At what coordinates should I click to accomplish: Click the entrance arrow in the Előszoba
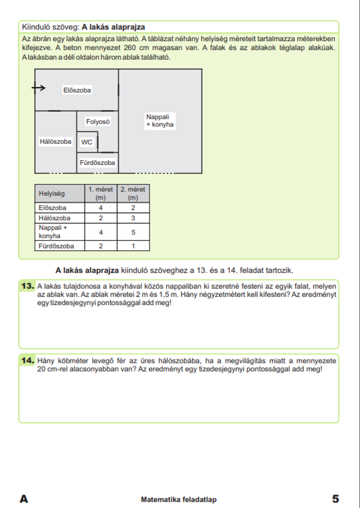tap(39, 88)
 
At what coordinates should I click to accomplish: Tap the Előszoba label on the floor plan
tap(77, 90)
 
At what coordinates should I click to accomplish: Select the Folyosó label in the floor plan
tap(98, 122)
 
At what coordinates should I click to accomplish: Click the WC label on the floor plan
tap(87, 142)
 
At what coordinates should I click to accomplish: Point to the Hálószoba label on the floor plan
tap(55, 142)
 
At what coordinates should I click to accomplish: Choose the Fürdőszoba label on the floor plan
tap(97, 163)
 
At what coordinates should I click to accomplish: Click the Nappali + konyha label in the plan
tap(159, 121)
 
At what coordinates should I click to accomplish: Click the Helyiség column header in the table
tap(52, 193)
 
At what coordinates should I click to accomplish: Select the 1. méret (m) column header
tap(101, 193)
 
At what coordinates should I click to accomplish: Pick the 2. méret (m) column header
tap(133, 193)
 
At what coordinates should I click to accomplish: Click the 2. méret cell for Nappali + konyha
tap(133, 232)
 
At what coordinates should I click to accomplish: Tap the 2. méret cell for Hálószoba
tap(133, 218)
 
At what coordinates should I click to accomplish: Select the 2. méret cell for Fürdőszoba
tap(133, 246)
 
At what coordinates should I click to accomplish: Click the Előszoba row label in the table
tap(53, 208)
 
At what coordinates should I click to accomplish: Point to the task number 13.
tap(28, 286)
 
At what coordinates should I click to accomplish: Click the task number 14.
tap(28, 360)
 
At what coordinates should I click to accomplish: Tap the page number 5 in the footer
tap(335, 499)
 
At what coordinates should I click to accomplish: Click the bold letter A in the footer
tap(24, 499)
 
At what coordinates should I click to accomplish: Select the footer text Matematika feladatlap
tap(179, 499)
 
